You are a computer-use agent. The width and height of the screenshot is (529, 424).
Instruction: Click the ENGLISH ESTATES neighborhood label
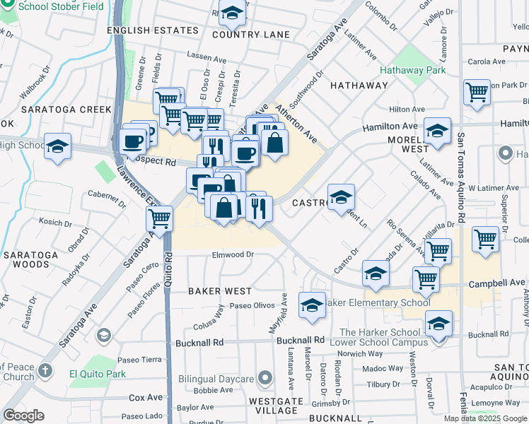(152, 30)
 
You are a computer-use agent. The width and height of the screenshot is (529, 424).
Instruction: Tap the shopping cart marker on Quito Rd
(160, 218)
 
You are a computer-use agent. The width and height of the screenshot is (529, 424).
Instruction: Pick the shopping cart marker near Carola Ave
(477, 91)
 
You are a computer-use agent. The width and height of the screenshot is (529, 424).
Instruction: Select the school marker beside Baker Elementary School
(312, 305)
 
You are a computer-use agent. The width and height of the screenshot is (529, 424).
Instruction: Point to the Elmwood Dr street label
(233, 254)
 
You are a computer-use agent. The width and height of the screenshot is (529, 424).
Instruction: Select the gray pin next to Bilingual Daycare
(265, 379)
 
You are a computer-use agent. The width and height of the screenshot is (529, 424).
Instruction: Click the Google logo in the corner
(24, 415)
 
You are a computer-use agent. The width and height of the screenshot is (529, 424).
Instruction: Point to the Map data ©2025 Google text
(484, 418)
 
